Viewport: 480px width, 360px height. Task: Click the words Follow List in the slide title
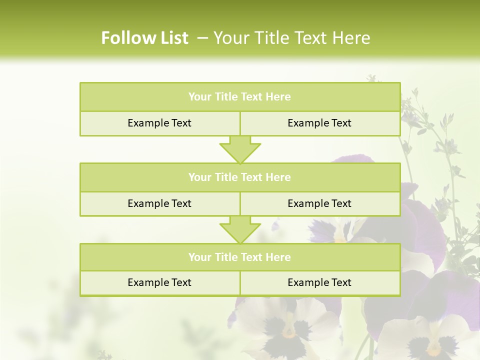pos(145,38)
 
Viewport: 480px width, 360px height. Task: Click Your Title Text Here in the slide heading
pos(292,38)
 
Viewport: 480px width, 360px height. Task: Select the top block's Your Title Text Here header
pos(239,97)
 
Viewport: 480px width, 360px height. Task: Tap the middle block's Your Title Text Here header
pos(239,177)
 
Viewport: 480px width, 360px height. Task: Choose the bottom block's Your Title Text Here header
pos(239,257)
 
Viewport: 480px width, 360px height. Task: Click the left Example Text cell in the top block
pos(159,123)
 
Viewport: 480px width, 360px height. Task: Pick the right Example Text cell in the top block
pos(319,123)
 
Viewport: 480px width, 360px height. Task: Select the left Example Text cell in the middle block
pos(159,203)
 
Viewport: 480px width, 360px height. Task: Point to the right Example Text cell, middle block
pos(319,203)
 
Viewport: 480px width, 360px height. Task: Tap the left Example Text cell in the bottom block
pos(159,282)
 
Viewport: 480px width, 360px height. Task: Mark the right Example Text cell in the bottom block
pos(319,282)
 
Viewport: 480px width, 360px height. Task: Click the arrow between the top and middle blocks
pos(240,149)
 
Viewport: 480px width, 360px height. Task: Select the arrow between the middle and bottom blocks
pos(240,229)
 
